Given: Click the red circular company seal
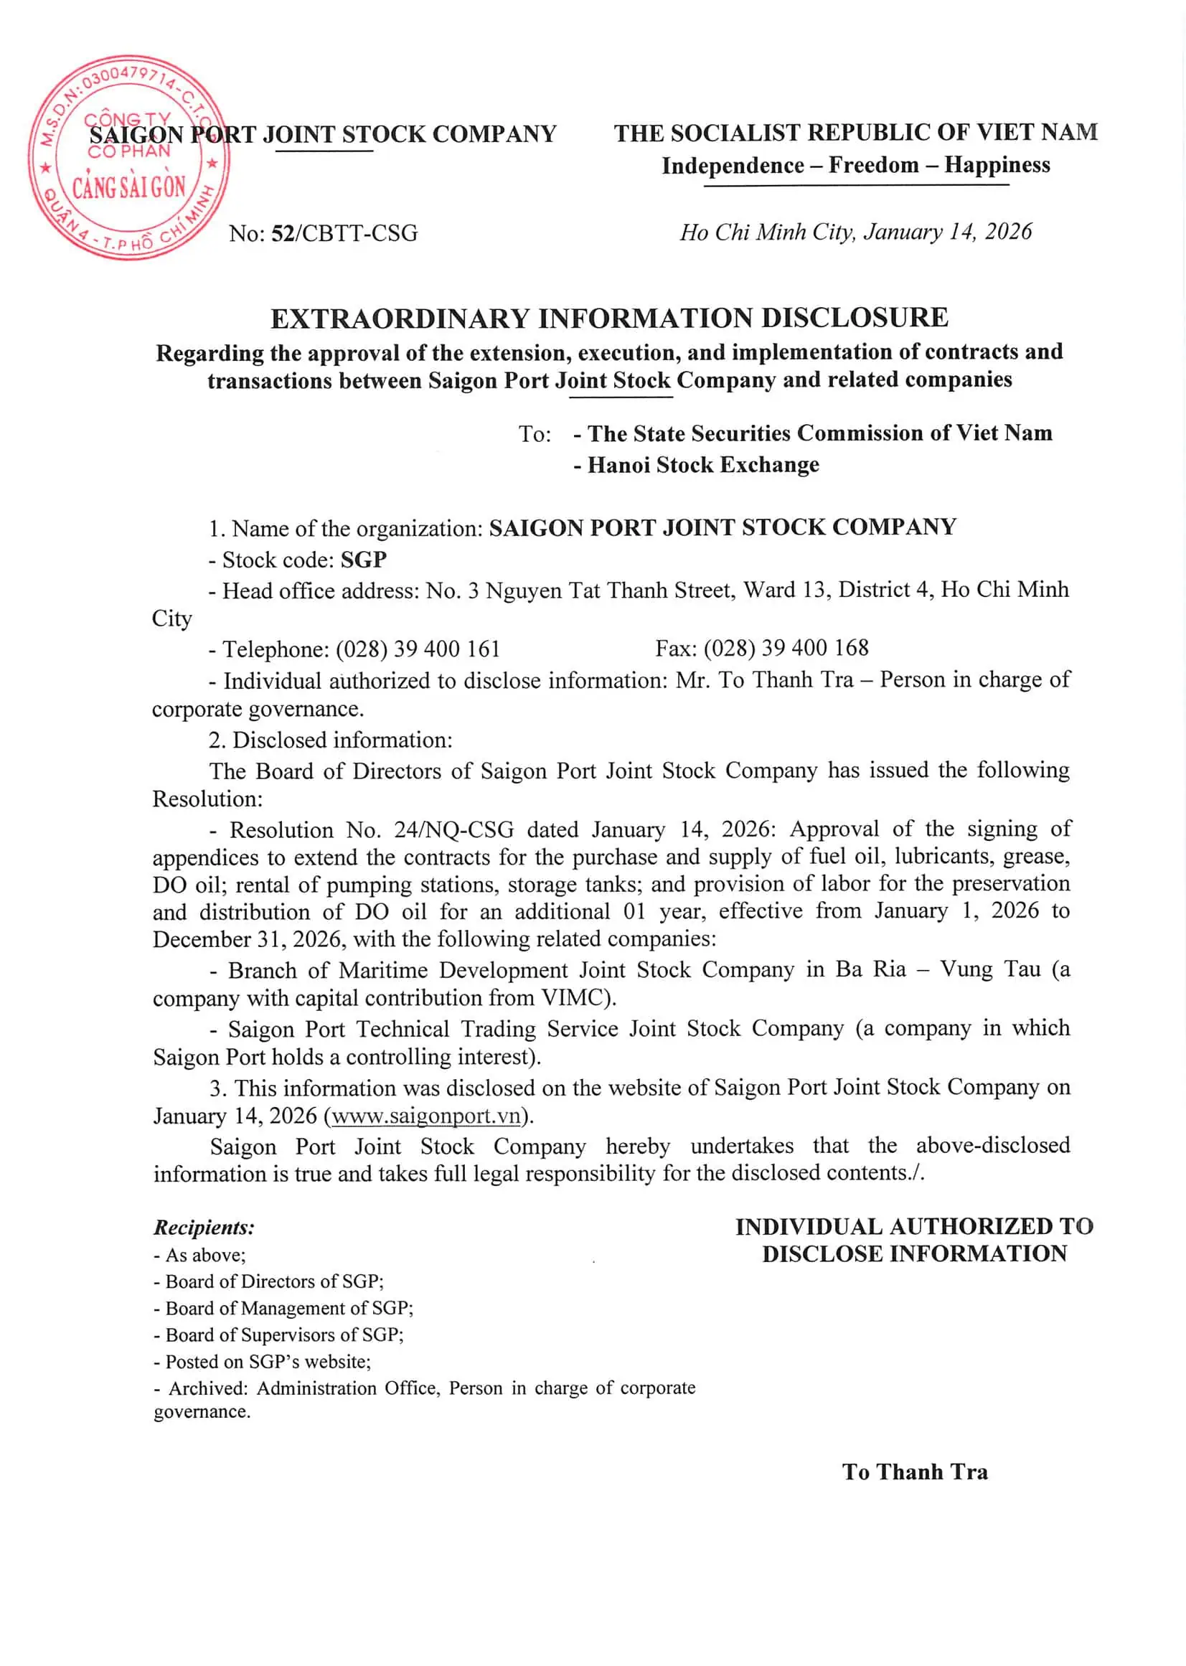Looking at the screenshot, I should [128, 157].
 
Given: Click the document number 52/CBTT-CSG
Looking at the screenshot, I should [344, 234].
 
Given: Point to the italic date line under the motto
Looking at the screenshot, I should [855, 232].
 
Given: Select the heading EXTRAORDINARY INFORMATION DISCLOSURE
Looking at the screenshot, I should [609, 319].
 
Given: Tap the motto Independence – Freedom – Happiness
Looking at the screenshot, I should [855, 166].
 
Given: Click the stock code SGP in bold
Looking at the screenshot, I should [364, 560].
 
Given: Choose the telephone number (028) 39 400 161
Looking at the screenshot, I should [417, 649].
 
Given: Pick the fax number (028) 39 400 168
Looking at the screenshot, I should [786, 648].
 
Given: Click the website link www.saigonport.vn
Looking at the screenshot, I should [425, 1116].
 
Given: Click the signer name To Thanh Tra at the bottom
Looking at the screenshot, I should [914, 1472].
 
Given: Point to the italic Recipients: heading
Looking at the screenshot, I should [204, 1228].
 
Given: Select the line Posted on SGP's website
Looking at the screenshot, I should [268, 1362].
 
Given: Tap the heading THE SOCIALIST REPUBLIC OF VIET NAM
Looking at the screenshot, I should [855, 133].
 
